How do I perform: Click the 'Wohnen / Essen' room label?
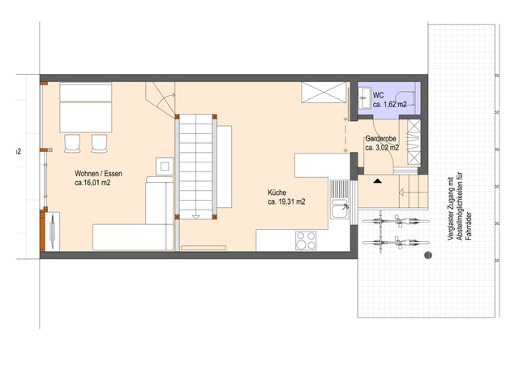click(98, 174)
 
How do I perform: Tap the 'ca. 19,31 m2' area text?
click(286, 201)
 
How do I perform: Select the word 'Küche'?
click(277, 193)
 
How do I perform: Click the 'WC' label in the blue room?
click(379, 96)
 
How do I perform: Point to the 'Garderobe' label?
click(380, 139)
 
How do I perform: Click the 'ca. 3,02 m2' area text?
click(382, 148)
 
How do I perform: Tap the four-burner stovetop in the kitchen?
click(306, 240)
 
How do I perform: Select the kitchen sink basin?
click(340, 209)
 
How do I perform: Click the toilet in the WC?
click(407, 99)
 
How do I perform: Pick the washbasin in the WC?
click(365, 97)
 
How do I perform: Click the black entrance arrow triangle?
click(377, 181)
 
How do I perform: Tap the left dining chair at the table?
click(72, 143)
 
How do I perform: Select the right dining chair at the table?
click(99, 143)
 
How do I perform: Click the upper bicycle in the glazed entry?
click(396, 221)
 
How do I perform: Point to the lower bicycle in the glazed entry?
click(396, 243)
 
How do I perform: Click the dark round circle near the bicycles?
click(428, 255)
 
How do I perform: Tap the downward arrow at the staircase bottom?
click(195, 217)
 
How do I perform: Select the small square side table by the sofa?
click(165, 166)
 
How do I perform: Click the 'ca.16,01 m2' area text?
click(92, 183)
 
